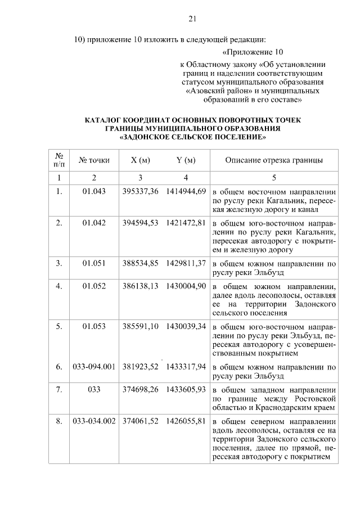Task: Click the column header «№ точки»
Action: (94, 160)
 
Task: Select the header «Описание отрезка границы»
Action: (274, 160)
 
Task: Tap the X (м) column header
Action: (140, 160)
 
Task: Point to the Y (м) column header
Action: (186, 160)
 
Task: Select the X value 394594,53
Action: (140, 223)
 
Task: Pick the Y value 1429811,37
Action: (186, 263)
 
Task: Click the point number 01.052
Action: (94, 286)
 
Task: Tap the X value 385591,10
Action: (140, 326)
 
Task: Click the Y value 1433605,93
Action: (186, 389)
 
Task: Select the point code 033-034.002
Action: (94, 421)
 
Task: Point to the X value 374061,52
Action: (140, 421)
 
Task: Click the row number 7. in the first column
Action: (58, 389)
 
